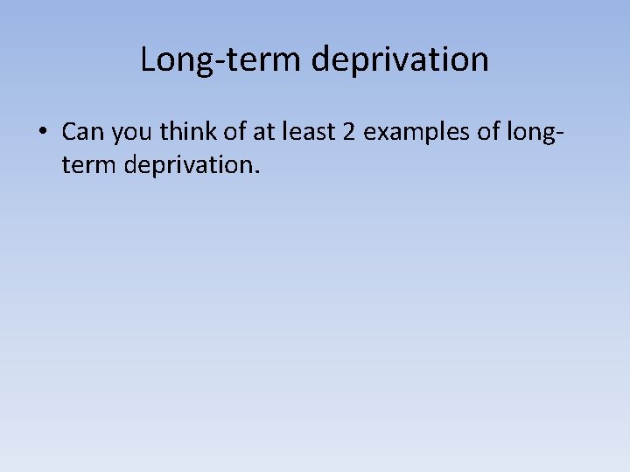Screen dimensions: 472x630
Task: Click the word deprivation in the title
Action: [399, 60]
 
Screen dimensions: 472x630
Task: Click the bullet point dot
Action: [41, 133]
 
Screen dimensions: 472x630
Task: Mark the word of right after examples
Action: [484, 132]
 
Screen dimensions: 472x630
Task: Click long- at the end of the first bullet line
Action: [533, 133]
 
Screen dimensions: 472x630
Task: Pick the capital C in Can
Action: [69, 132]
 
